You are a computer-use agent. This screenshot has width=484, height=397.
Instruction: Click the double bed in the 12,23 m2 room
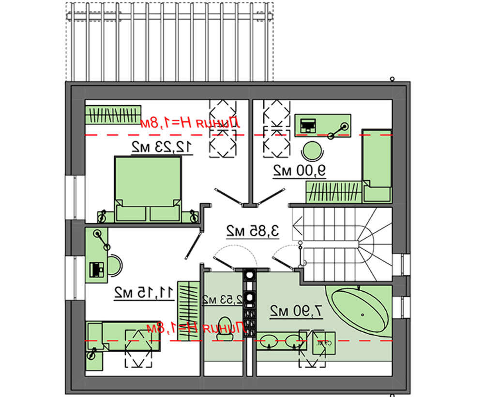click(148, 188)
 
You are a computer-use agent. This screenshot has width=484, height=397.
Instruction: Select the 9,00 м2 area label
click(300, 170)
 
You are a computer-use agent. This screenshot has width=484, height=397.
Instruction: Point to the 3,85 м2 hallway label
click(253, 231)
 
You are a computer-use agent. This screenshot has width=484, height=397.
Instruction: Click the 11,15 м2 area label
click(144, 292)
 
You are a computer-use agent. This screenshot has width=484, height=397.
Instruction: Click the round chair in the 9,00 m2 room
click(312, 151)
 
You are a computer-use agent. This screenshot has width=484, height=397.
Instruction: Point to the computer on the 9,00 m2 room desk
click(307, 125)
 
